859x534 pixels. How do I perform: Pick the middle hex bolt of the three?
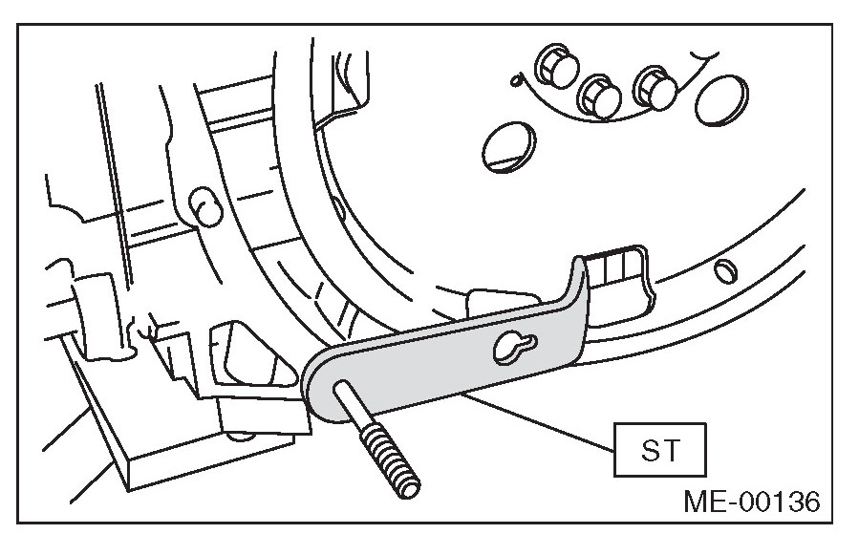coord(599,91)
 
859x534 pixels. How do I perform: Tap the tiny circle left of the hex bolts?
coord(517,81)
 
